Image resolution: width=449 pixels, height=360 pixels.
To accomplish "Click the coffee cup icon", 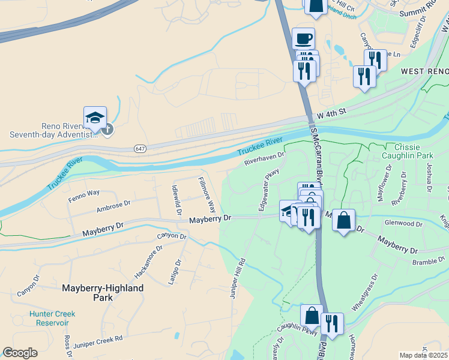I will [303, 39].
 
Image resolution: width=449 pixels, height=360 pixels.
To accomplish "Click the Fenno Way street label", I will [83, 193].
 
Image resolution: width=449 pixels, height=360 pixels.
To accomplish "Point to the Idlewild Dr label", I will [176, 197].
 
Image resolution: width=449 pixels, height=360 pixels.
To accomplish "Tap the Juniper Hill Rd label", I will [238, 278].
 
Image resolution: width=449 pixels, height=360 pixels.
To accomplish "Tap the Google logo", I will [20, 353].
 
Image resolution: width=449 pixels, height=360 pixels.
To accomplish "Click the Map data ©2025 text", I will [424, 355].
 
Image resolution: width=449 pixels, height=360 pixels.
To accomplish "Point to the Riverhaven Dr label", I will [264, 159].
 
